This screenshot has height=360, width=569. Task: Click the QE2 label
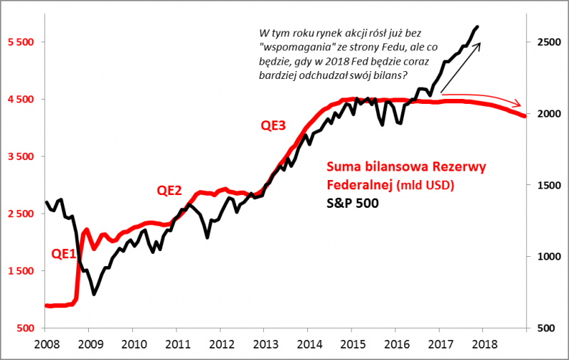[170, 190]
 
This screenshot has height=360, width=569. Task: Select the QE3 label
[273, 125]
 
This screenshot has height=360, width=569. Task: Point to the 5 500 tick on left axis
[19, 42]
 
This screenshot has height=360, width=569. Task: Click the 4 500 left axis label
[19, 100]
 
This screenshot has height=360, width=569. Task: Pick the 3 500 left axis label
[19, 157]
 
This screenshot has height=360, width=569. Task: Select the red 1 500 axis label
[19, 271]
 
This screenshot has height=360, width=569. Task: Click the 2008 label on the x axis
[45, 344]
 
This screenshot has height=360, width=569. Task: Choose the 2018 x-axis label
[483, 344]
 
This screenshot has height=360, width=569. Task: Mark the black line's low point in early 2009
[94, 294]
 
